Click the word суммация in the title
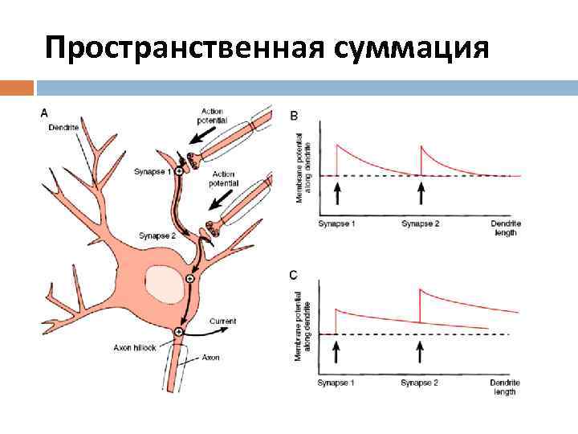(x=409, y=48)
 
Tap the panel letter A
(x=45, y=113)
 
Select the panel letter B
(x=293, y=117)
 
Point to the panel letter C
(x=293, y=276)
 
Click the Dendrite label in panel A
(x=63, y=128)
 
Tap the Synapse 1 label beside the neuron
(x=154, y=171)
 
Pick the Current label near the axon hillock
(x=223, y=321)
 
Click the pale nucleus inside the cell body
(x=163, y=284)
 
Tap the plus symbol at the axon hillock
(x=178, y=331)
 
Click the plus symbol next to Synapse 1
(x=178, y=171)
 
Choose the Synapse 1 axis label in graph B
(x=336, y=223)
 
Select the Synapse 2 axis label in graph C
(x=420, y=383)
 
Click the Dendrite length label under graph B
(x=503, y=227)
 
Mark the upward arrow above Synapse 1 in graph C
(x=336, y=350)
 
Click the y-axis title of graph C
(x=301, y=325)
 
